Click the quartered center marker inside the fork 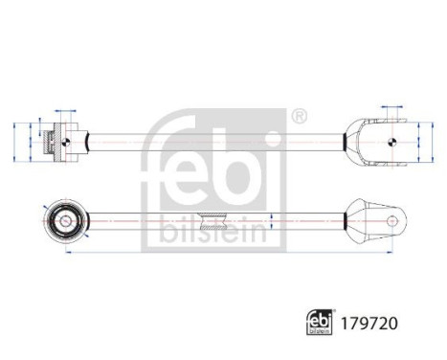(x=391, y=143)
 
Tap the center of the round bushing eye (x=63, y=220)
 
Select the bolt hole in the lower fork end (x=392, y=220)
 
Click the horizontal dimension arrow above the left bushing (x=64, y=110)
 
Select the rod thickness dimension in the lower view (x=274, y=221)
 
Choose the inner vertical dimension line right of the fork (x=418, y=143)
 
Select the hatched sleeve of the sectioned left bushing (x=54, y=143)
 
